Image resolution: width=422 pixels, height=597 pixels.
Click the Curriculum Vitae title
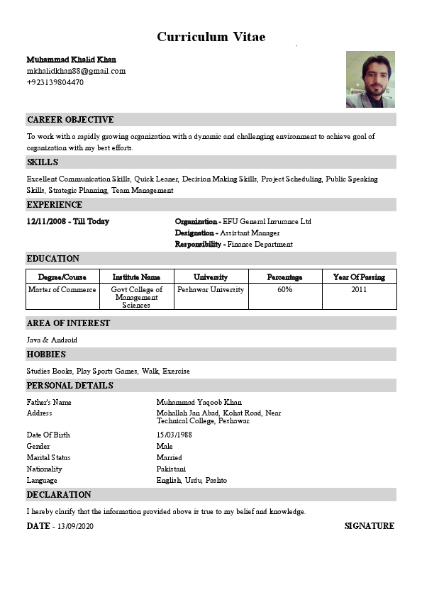tap(211, 37)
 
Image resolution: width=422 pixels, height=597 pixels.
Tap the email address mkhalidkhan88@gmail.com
tap(76, 71)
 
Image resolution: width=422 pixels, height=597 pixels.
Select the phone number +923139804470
tap(55, 82)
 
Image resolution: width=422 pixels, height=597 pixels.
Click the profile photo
tap(370, 79)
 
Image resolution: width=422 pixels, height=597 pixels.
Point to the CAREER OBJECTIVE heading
tap(70, 120)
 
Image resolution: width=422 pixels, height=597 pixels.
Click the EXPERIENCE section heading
tap(55, 205)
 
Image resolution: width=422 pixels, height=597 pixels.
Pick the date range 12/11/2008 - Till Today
tap(68, 222)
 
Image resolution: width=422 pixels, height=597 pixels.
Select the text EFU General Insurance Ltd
tap(267, 222)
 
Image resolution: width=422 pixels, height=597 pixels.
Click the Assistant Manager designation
tap(250, 233)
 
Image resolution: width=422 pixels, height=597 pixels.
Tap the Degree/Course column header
tap(62, 277)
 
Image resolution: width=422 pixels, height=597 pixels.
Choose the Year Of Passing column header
tap(359, 277)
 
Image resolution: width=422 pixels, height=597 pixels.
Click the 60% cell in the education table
tap(285, 290)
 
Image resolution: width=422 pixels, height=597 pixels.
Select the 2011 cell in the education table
tap(359, 290)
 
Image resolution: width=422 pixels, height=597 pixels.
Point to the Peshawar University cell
tap(211, 290)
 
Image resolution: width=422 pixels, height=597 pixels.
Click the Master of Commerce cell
tap(62, 290)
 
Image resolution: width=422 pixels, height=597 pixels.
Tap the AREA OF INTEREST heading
tap(69, 323)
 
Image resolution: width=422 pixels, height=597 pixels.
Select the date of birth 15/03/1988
tap(174, 435)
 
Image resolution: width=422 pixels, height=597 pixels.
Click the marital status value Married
tap(169, 458)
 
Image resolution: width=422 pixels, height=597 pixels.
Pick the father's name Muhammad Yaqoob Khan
tap(199, 403)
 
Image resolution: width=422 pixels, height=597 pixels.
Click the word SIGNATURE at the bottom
tap(369, 526)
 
